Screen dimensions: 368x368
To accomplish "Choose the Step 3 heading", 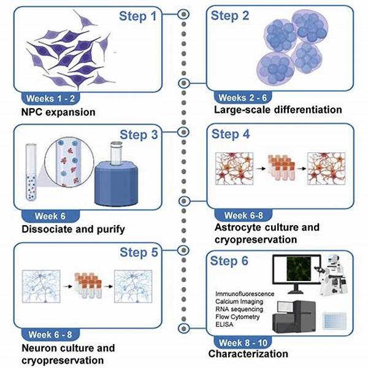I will (142, 135).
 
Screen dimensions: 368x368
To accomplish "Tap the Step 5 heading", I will (142, 252).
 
